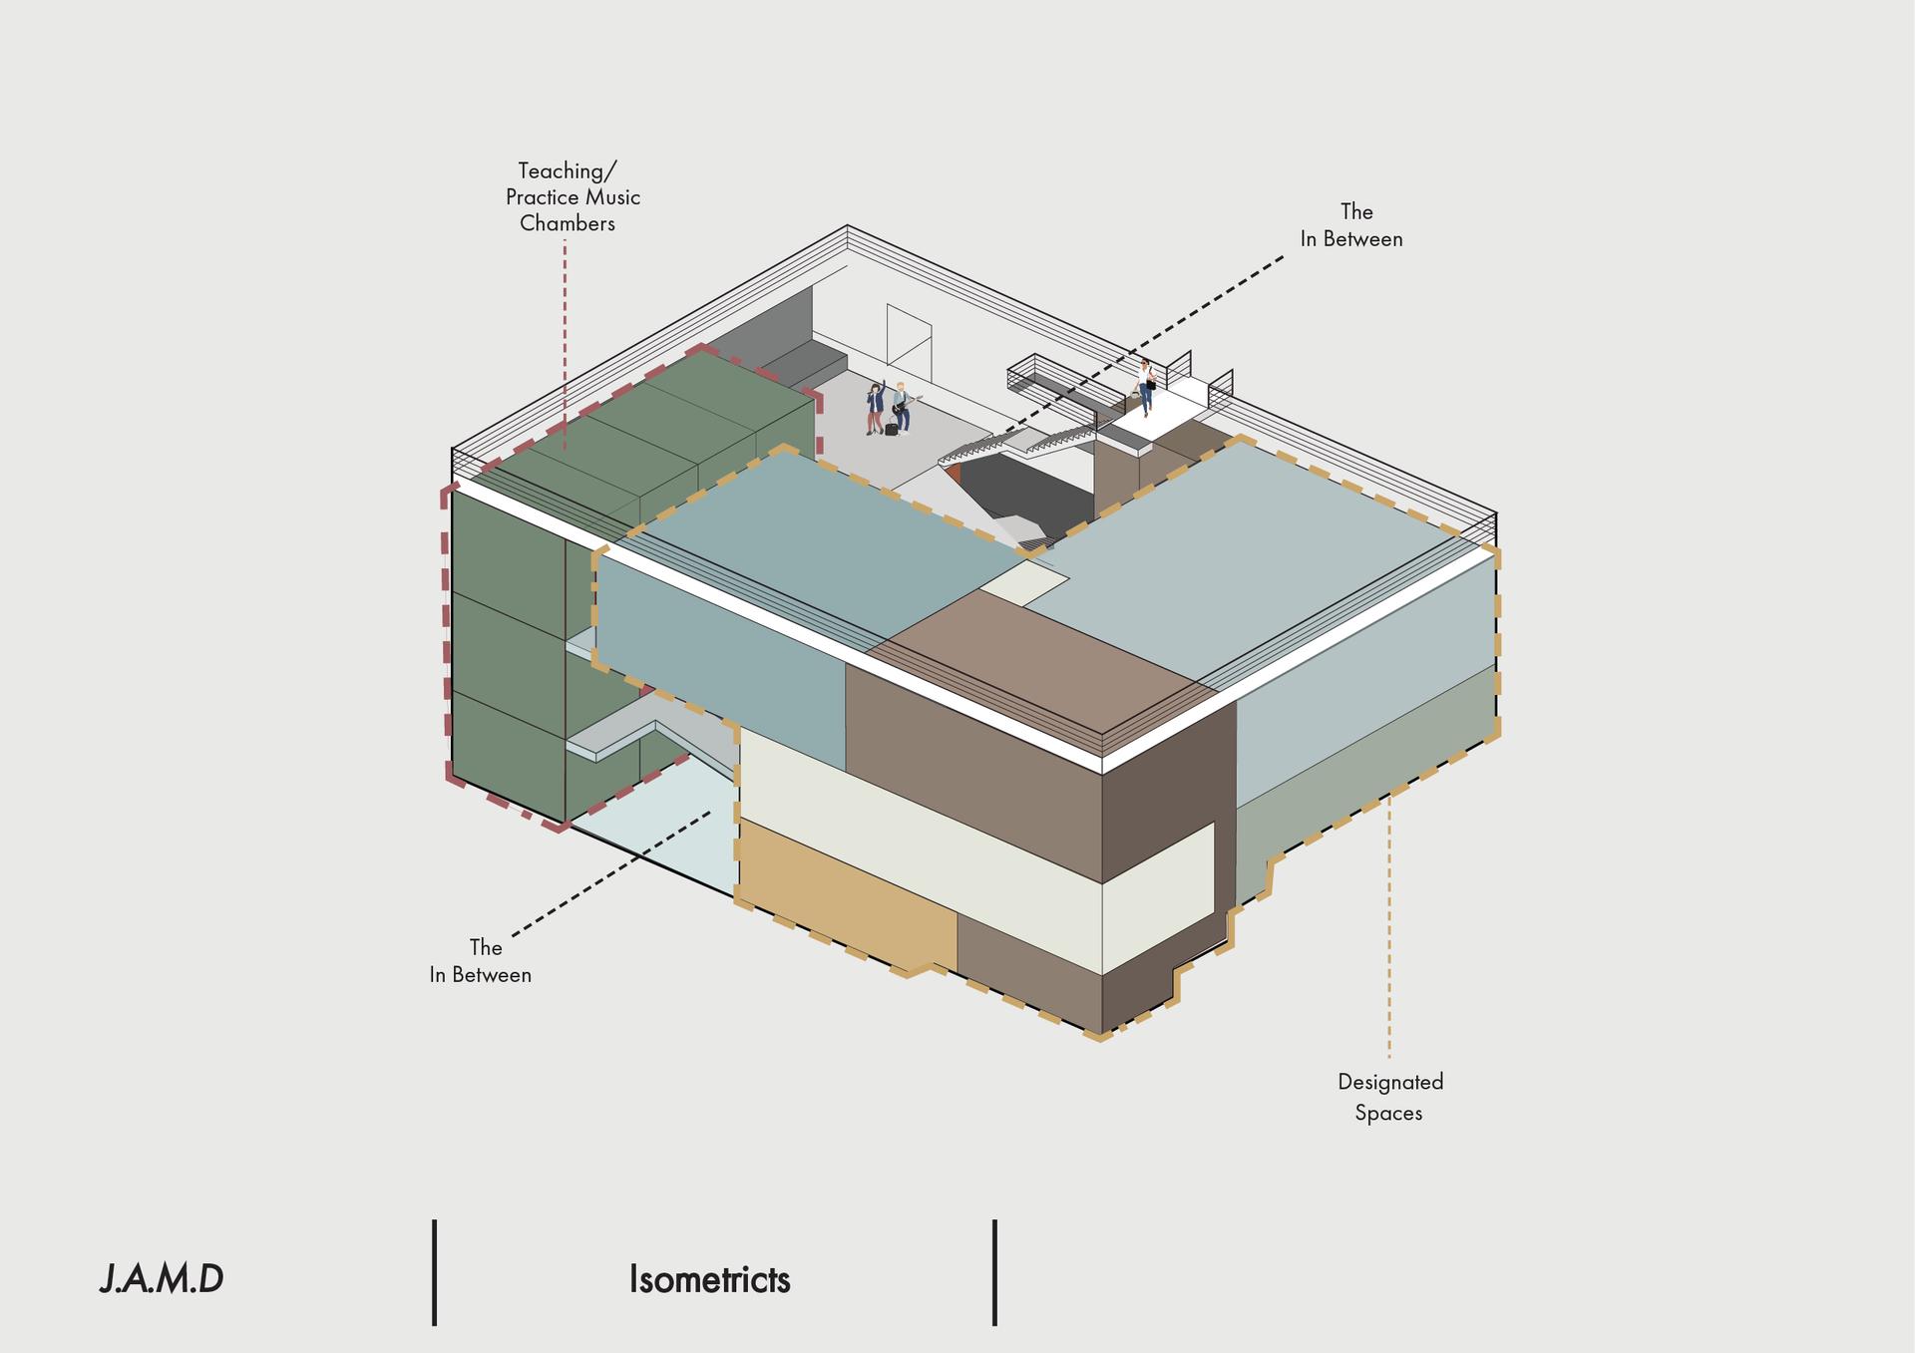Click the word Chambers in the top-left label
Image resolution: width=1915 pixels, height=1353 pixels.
[x=568, y=223]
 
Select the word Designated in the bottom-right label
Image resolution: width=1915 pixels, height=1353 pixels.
[x=1390, y=1082]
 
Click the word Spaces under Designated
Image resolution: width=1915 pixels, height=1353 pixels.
[x=1388, y=1113]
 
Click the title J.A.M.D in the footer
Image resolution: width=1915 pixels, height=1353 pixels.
[x=162, y=1279]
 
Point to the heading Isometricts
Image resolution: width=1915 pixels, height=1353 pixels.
[x=709, y=1279]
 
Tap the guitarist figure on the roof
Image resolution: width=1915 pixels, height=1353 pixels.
[x=903, y=408]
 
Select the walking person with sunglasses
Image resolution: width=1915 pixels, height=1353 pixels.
[x=1147, y=387]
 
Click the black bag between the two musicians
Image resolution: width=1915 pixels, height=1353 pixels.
[x=891, y=429]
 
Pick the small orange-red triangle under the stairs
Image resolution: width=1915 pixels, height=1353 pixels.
[x=952, y=473]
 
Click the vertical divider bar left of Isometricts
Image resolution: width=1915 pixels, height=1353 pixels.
[x=435, y=1272]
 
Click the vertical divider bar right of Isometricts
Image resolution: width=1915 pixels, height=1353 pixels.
[x=995, y=1272]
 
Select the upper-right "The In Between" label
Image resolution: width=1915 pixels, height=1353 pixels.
[x=1351, y=225]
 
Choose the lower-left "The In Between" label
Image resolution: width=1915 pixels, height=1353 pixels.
[x=481, y=961]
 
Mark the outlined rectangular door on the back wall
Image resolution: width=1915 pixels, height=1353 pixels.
[x=910, y=336]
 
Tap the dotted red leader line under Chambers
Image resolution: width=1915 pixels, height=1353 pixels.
[x=565, y=343]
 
